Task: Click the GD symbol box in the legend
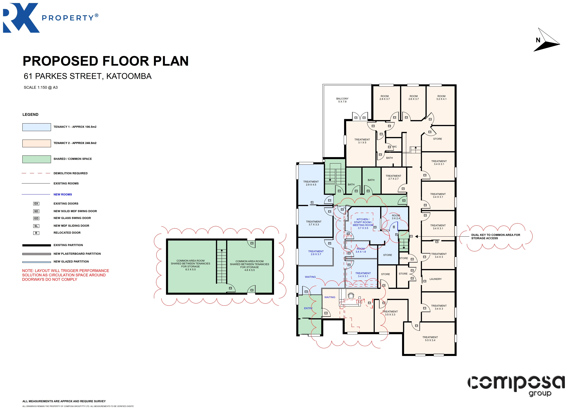tap(36, 218)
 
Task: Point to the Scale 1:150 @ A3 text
tap(41, 87)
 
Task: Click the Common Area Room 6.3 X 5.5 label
tap(190, 265)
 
